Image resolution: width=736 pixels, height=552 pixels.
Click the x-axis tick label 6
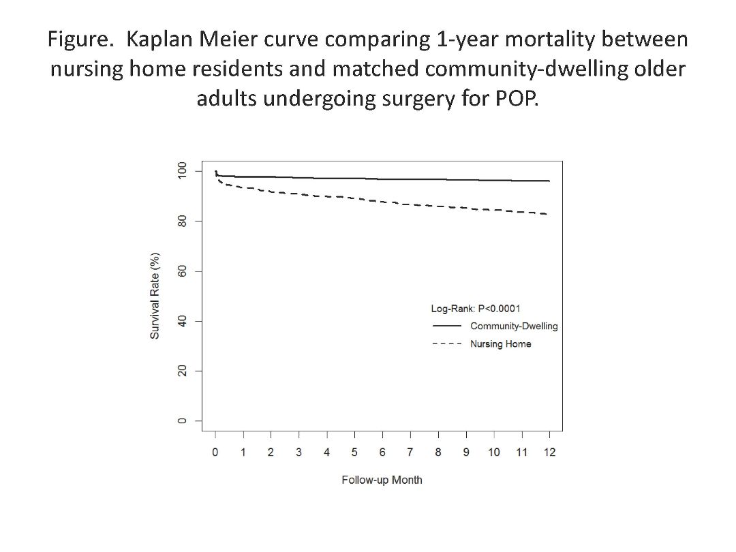382,453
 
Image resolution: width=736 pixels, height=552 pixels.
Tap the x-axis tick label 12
549,453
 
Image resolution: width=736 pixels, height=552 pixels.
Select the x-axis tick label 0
215,453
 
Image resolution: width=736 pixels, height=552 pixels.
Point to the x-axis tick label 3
298,453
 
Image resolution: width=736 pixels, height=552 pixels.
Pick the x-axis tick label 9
466,453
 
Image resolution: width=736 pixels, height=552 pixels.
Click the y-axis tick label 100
181,170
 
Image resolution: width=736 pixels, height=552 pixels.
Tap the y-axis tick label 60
181,271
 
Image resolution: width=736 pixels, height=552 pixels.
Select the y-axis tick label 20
181,371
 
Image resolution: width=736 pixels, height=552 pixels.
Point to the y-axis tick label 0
181,420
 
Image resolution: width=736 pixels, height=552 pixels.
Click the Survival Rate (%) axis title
155,295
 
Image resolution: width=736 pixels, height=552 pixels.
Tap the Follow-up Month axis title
382,480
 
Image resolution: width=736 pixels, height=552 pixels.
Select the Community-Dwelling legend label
514,326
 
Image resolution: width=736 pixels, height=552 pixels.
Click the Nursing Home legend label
500,344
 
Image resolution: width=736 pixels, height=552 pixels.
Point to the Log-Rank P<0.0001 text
476,309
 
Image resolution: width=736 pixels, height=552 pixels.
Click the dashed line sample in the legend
447,344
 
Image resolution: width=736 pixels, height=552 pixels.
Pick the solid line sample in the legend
447,326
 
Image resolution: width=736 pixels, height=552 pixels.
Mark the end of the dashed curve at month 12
549,214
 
